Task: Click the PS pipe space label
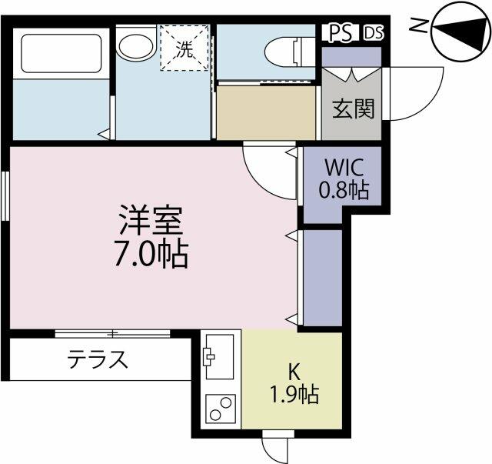pyautogui.click(x=340, y=32)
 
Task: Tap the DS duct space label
pyautogui.click(x=374, y=32)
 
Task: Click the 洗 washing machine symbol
pyautogui.click(x=184, y=48)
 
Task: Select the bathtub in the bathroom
pyautogui.click(x=61, y=53)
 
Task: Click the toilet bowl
pyautogui.click(x=289, y=52)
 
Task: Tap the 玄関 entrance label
pyautogui.click(x=354, y=108)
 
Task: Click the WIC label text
pyautogui.click(x=344, y=168)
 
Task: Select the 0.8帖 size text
pyautogui.click(x=344, y=189)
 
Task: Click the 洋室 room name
pyautogui.click(x=151, y=220)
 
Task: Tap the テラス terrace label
pyautogui.click(x=98, y=359)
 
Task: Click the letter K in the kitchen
pyautogui.click(x=294, y=372)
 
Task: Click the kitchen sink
pyautogui.click(x=219, y=357)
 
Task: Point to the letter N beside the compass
pyautogui.click(x=419, y=25)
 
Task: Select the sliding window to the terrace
pyautogui.click(x=113, y=334)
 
